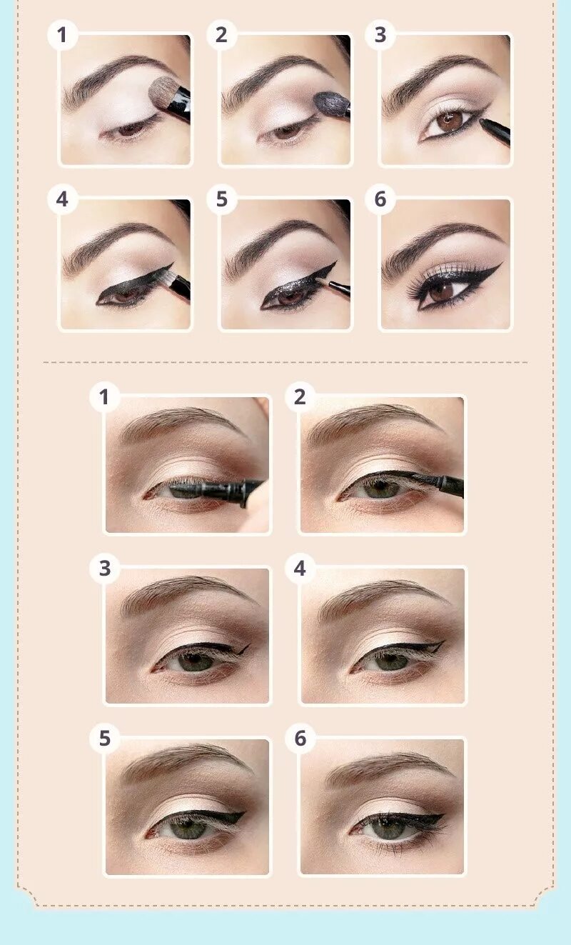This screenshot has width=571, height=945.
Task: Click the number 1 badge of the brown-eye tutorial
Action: [x=62, y=35]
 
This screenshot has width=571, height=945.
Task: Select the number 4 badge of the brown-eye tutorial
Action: [x=62, y=200]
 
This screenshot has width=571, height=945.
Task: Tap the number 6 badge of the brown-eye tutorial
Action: [x=380, y=200]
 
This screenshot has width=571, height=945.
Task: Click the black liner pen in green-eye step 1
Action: [x=214, y=491]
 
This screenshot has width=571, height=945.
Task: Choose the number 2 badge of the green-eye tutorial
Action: [x=300, y=397]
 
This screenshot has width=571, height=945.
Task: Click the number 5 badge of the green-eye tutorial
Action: [x=105, y=739]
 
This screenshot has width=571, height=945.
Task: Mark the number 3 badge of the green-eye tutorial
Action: [x=105, y=569]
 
